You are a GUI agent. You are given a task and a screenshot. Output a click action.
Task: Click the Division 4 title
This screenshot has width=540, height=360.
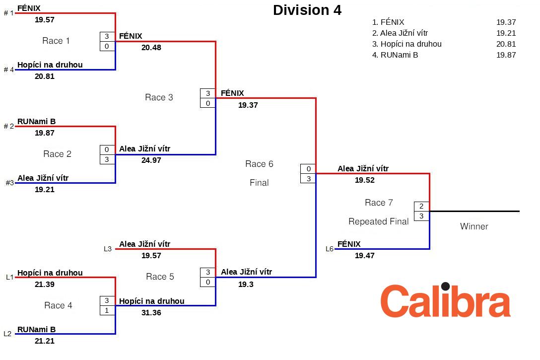(307, 10)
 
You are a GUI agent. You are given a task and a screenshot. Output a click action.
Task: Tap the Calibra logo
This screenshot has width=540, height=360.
(445, 300)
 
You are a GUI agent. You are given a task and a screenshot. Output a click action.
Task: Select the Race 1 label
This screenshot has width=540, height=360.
(56, 41)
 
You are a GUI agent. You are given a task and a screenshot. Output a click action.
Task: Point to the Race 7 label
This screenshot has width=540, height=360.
(379, 203)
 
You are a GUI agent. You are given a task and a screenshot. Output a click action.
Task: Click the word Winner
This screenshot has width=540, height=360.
(474, 226)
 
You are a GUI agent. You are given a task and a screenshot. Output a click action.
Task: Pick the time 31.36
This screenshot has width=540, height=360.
(151, 313)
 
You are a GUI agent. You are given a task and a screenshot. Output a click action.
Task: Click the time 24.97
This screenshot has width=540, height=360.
(151, 160)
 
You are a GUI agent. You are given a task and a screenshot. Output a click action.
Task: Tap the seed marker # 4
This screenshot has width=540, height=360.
(9, 70)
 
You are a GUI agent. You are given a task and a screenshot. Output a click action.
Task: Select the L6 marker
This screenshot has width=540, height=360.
(330, 249)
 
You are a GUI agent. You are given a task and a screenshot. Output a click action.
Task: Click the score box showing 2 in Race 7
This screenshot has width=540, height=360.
(421, 207)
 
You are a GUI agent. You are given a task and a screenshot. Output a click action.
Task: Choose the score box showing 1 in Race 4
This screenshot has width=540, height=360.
(107, 310)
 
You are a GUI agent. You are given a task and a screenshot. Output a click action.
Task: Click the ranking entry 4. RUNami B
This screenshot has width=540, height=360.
(395, 55)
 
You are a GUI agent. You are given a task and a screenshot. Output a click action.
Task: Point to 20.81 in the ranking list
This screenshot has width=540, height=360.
(506, 44)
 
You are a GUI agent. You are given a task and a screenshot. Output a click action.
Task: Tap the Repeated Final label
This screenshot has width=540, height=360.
(379, 221)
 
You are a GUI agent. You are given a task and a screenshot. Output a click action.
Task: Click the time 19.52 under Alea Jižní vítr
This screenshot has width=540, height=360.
(364, 180)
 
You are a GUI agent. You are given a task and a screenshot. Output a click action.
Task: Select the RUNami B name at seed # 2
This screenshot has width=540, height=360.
(36, 121)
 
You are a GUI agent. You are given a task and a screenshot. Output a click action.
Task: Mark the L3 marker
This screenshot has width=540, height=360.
(108, 249)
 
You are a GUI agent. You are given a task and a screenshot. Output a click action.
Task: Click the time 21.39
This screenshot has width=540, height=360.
(45, 285)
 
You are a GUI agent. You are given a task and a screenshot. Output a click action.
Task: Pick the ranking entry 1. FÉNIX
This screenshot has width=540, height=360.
(388, 22)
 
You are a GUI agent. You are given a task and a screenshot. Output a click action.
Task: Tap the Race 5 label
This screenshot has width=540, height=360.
(160, 277)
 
